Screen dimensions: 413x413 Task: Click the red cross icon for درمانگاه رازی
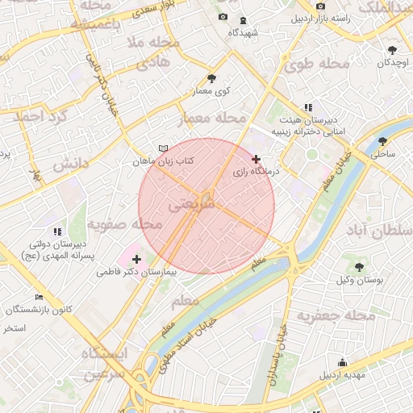point(257,159)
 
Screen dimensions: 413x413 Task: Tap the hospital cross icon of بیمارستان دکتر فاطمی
point(136,259)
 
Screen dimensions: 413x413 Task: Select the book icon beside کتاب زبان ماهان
point(164,149)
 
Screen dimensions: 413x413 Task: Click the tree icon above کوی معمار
point(211,78)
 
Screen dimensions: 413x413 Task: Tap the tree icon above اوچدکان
point(392,49)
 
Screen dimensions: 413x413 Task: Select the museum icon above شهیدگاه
point(244,19)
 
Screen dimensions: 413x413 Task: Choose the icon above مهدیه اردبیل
point(343,362)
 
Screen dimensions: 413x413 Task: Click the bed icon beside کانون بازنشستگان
point(40,297)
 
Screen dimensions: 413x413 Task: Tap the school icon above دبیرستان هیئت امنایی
point(307,107)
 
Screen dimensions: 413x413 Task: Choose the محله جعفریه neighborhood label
point(336,315)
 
